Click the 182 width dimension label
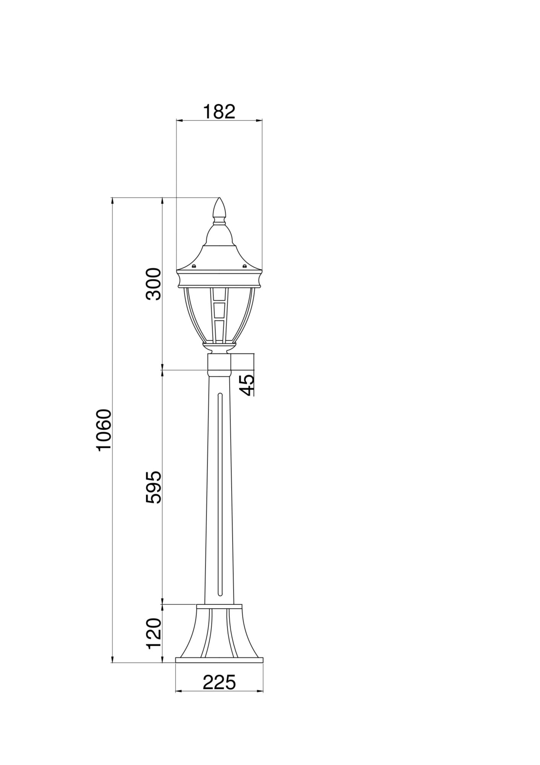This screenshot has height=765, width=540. pos(219,112)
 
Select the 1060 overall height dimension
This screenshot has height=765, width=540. pos(104,430)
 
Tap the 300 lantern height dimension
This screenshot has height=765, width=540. pos(154,284)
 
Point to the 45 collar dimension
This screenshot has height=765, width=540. pos(247,385)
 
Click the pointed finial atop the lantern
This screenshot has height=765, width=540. pos(219,208)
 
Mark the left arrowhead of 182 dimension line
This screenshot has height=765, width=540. pos(178,120)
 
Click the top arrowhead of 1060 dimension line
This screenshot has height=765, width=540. pos(112,200)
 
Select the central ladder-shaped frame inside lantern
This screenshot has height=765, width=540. pos(219,316)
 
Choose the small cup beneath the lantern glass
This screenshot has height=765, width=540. pos(219,348)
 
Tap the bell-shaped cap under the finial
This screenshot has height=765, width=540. pos(219,235)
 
